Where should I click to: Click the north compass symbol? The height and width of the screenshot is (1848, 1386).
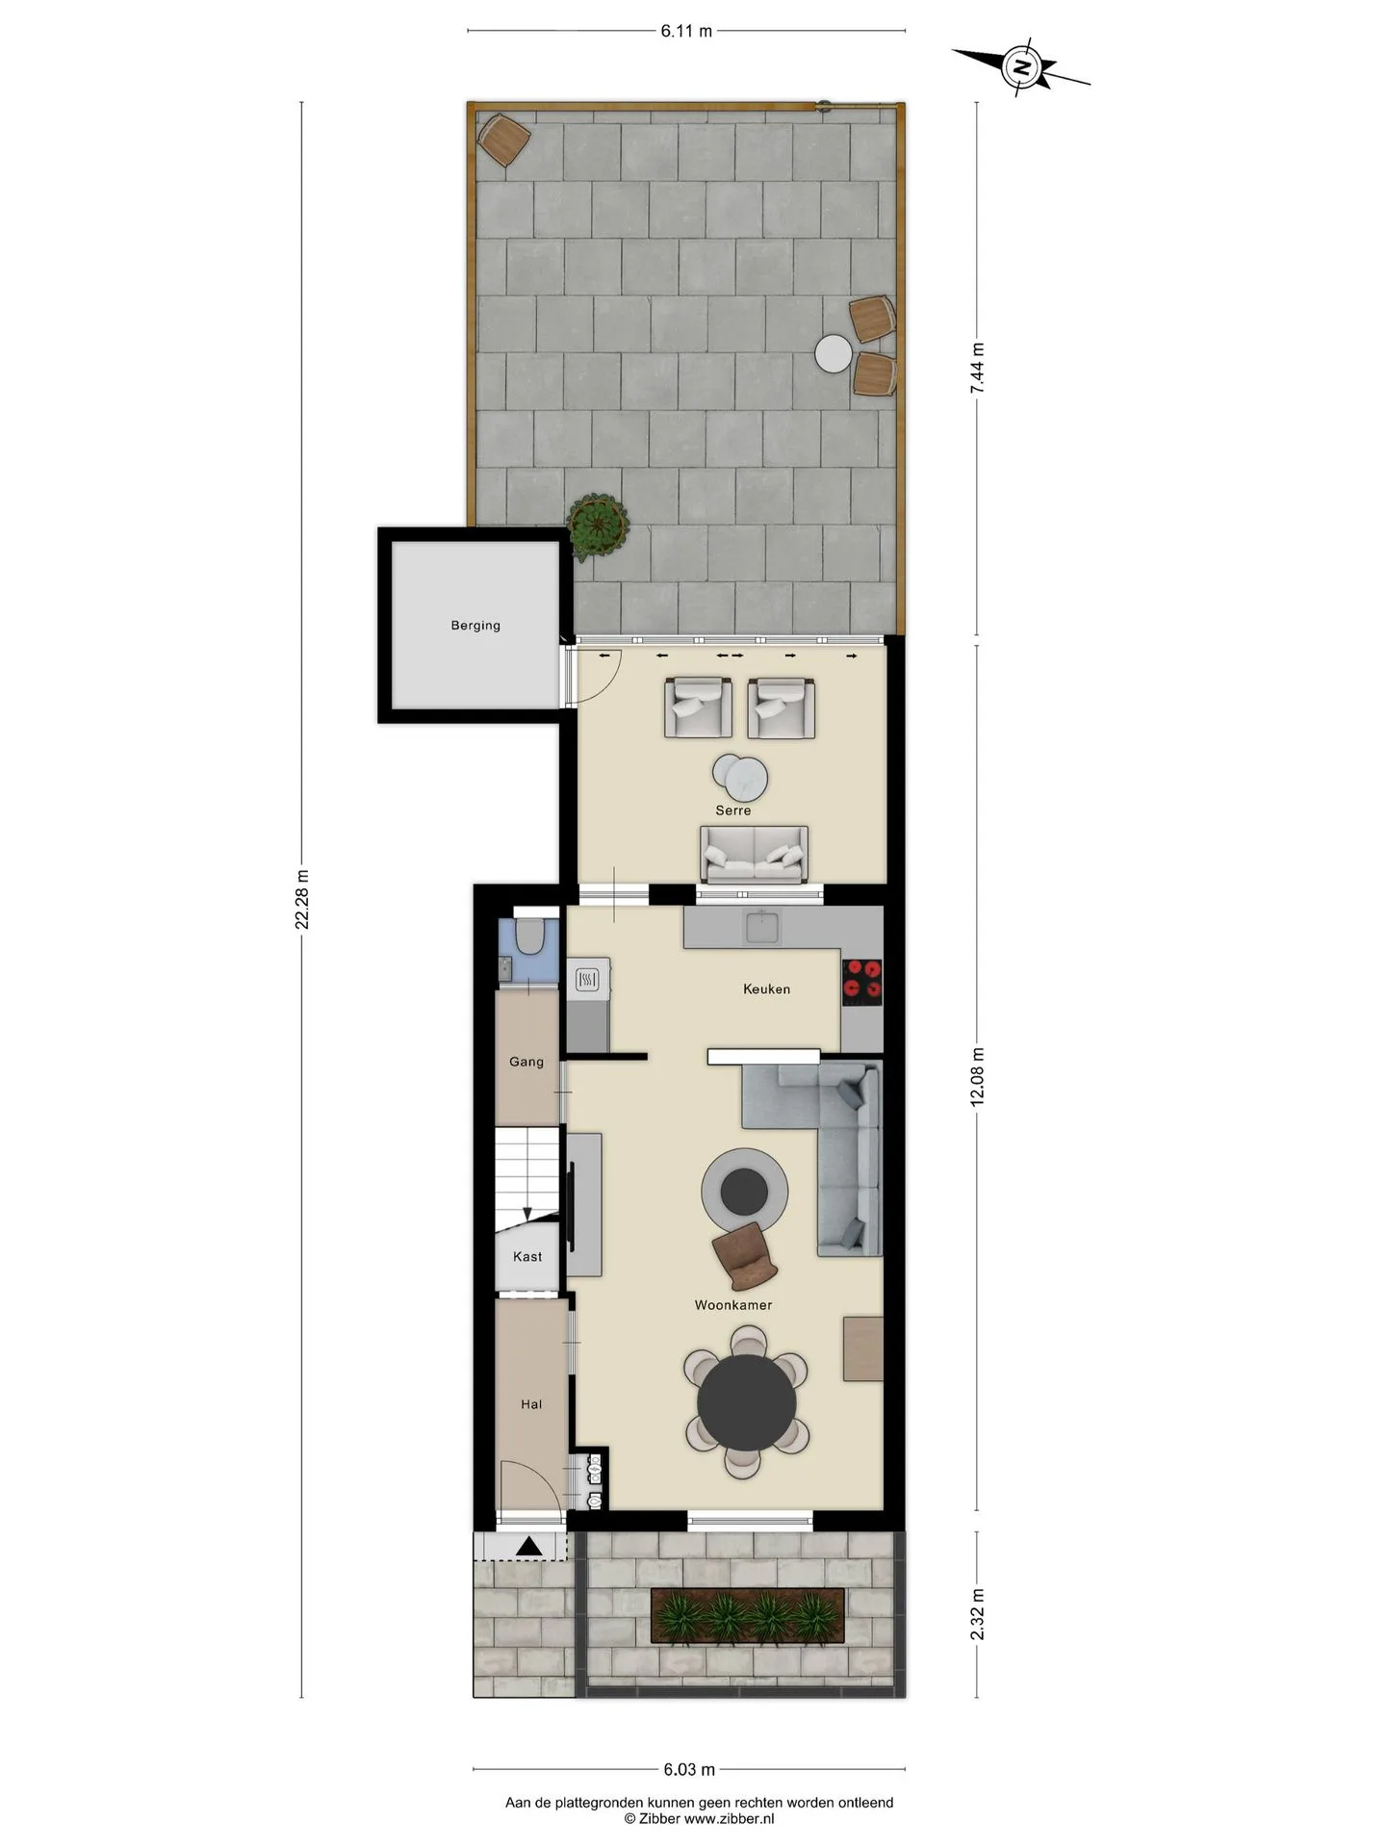pyautogui.click(x=1021, y=66)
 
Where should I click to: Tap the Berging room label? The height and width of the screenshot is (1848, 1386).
pyautogui.click(x=475, y=626)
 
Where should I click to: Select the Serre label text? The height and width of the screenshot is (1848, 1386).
pyautogui.click(x=732, y=810)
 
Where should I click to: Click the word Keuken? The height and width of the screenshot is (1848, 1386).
pyautogui.click(x=766, y=988)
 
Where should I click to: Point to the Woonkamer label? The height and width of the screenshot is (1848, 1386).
pyautogui.click(x=733, y=1305)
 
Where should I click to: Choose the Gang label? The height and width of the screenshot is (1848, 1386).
pyautogui.click(x=526, y=1062)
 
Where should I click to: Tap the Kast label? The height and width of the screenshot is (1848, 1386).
pyautogui.click(x=527, y=1256)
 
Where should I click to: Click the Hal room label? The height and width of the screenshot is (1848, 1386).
pyautogui.click(x=531, y=1404)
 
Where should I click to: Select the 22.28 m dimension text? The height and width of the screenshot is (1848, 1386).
pyautogui.click(x=302, y=900)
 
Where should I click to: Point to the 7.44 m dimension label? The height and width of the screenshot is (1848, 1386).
pyautogui.click(x=977, y=369)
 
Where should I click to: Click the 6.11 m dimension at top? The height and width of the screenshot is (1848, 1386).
pyautogui.click(x=686, y=31)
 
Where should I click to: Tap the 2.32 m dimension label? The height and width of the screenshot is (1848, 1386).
pyautogui.click(x=977, y=1614)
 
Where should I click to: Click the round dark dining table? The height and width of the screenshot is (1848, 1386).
pyautogui.click(x=747, y=1400)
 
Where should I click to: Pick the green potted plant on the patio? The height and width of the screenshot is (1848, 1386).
pyautogui.click(x=598, y=526)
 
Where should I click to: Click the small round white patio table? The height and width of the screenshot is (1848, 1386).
pyautogui.click(x=834, y=353)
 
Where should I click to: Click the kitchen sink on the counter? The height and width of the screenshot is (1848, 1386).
pyautogui.click(x=763, y=926)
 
